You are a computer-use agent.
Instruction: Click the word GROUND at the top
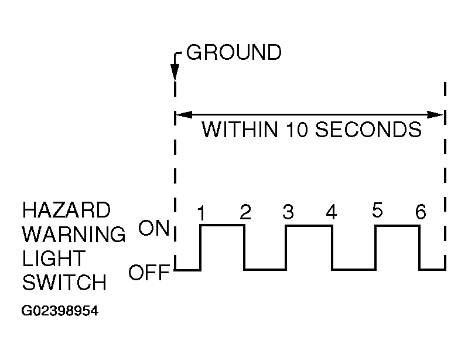click(x=234, y=53)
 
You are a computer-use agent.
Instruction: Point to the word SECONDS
click(x=367, y=130)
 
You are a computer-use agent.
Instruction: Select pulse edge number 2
click(x=245, y=213)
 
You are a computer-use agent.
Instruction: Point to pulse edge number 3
click(x=287, y=213)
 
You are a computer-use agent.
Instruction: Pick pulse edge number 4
click(x=332, y=213)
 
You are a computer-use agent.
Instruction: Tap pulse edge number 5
click(x=377, y=211)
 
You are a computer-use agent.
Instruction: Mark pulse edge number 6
click(x=421, y=212)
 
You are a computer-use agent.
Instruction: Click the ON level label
click(x=153, y=228)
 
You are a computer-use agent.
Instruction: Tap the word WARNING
click(x=74, y=235)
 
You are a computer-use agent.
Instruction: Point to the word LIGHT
click(x=54, y=259)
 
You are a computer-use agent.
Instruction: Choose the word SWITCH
click(x=64, y=283)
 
